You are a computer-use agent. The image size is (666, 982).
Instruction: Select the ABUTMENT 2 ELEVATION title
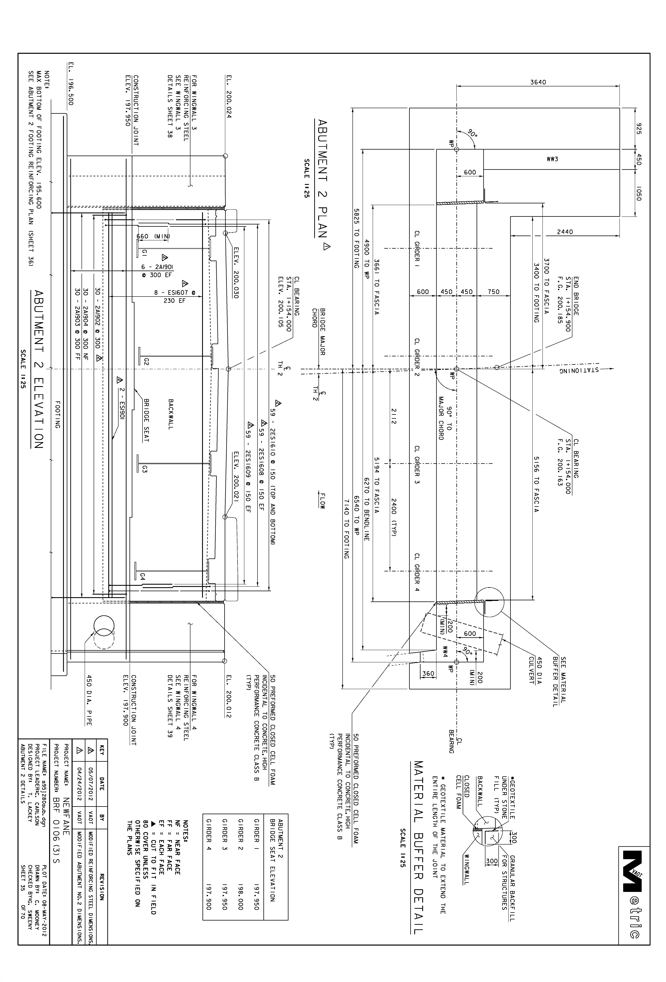[x=38, y=369]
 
